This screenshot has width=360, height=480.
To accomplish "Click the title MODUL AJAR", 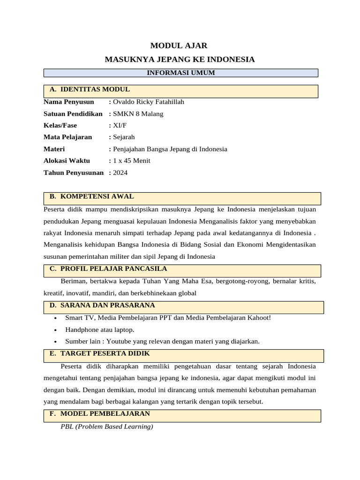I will pos(178,45).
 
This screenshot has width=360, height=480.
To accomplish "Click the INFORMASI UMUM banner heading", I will pos(181,73).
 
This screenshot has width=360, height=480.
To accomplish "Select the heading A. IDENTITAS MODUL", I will pos(90,90).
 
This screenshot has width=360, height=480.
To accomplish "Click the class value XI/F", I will pos(118,126).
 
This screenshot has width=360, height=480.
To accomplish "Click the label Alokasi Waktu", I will pos(67,161).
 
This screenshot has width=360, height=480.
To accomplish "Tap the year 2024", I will pos(120,172).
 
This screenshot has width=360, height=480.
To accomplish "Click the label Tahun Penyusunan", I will pos(73,172).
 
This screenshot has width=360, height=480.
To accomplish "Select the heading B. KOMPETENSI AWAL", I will pos(91,196).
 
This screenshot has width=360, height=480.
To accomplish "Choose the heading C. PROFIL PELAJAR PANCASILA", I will pos(108,269).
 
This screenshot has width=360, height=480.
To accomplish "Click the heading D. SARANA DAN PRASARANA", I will pos(102,305).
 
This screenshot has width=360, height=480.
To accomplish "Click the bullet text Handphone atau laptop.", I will pos(99,330).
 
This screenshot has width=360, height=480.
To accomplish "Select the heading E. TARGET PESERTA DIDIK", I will pos(99,353).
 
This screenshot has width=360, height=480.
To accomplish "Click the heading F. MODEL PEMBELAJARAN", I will pos(99,413).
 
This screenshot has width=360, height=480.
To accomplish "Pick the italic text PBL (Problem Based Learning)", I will pos(107,427).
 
